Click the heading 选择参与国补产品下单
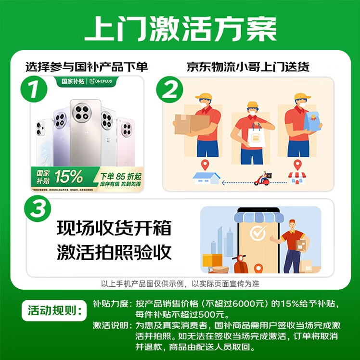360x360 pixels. (x=87, y=66)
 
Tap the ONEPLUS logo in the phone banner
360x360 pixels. (x=103, y=81)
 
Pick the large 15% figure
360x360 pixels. (x=68, y=177)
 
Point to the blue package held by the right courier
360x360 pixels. (x=313, y=122)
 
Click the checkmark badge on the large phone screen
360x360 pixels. (x=258, y=233)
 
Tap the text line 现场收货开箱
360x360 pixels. (x=114, y=228)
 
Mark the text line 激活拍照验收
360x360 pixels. (x=114, y=251)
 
